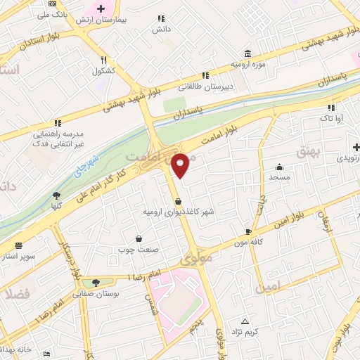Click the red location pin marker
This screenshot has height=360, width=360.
pos(181,165)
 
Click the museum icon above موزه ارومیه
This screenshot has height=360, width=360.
pos(247,54)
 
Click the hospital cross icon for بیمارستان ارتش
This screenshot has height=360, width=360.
pos(102,9)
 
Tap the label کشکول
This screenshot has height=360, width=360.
pos(103,71)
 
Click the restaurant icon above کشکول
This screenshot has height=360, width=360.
pos(103,60)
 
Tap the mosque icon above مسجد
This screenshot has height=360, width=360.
pos(280,167)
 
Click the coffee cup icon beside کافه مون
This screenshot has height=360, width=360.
pos(248,231)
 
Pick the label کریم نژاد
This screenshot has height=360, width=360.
pos(246,331)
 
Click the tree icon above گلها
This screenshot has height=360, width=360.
pos(56,196)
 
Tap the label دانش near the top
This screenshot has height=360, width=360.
pos(161,30)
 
